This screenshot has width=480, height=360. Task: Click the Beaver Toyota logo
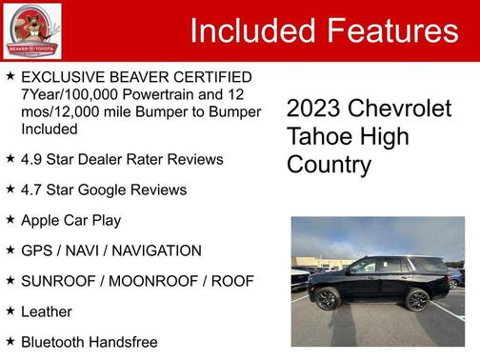[x=31, y=31]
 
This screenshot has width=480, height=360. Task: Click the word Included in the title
[x=247, y=31]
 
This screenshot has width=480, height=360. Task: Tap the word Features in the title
[x=390, y=31]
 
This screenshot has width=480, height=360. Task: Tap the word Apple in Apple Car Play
[x=41, y=220]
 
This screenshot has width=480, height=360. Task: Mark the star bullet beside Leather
[x=10, y=310]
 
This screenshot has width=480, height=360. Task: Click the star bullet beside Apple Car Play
[x=10, y=219]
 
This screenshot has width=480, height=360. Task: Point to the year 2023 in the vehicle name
[x=315, y=109]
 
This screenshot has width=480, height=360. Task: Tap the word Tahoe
[x=319, y=136]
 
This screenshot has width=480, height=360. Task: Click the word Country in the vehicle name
[x=329, y=165]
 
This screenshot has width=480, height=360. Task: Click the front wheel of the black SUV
[x=327, y=299]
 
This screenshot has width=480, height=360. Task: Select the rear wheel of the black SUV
[x=417, y=299]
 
